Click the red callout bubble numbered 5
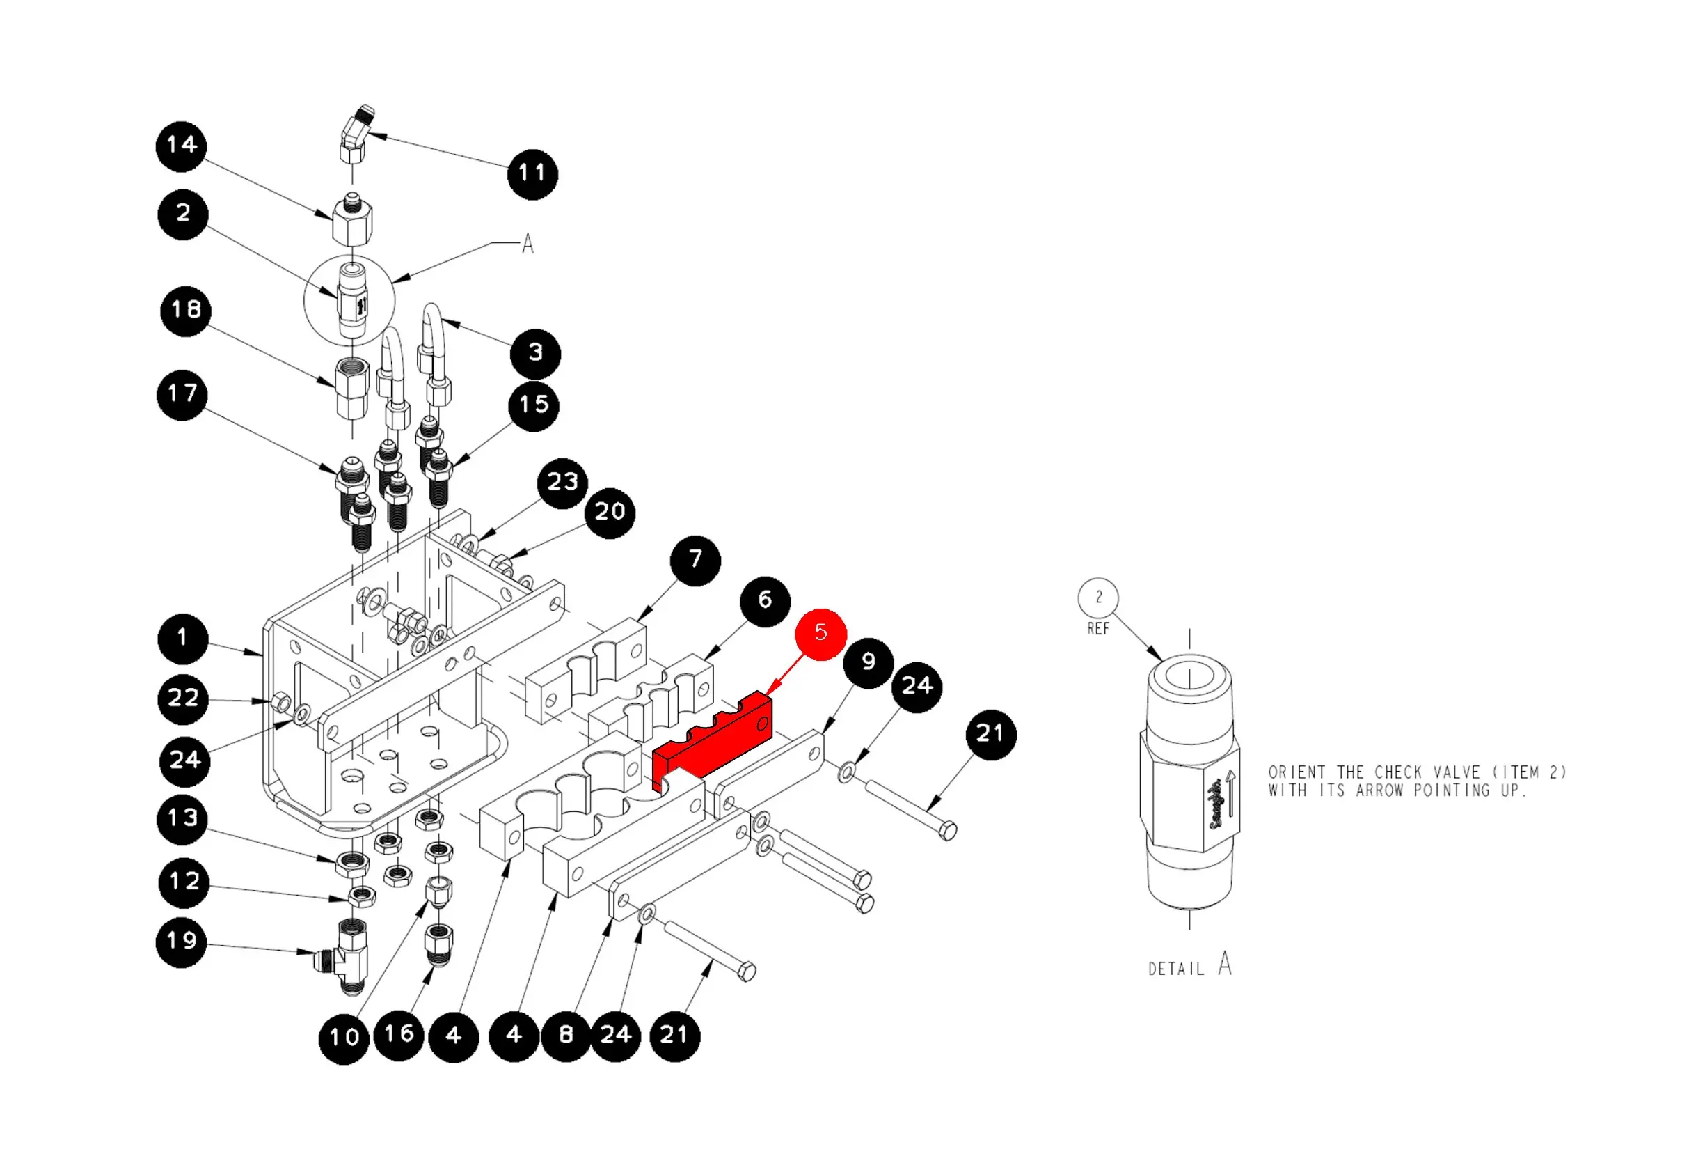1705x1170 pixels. pos(820,634)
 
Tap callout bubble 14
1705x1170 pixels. pos(181,146)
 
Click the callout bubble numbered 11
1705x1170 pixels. pos(532,174)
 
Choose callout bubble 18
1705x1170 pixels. pos(186,311)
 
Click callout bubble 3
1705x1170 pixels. pos(536,354)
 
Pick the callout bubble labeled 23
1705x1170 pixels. pos(563,483)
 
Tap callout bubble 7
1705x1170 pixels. pos(695,561)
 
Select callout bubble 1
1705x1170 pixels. pos(182,639)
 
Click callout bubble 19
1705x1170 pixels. pos(181,942)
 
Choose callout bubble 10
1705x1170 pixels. pos(344,1038)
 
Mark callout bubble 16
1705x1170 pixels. pos(399,1035)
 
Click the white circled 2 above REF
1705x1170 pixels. pos(1098,598)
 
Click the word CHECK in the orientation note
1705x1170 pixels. pos(1398,772)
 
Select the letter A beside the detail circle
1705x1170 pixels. pos(528,244)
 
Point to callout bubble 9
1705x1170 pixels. pos(869,663)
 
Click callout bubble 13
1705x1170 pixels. pos(182,819)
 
